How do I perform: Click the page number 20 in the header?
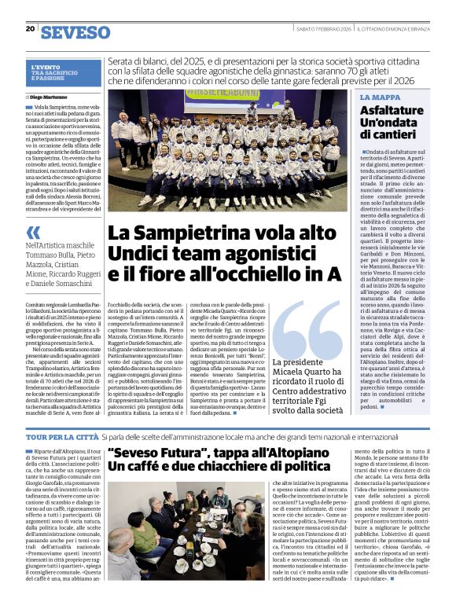pyautogui.click(x=30, y=28)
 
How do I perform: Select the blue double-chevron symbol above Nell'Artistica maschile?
pyautogui.click(x=33, y=232)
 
